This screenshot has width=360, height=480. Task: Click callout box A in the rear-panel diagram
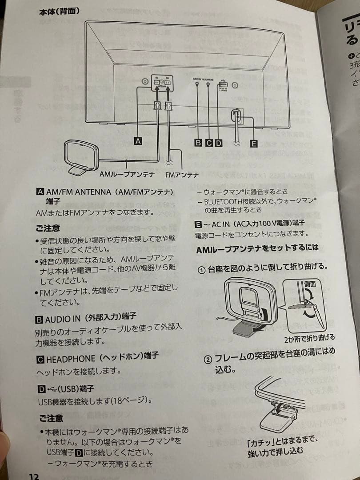[x=138, y=141]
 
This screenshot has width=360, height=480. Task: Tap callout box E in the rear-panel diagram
[x=253, y=144]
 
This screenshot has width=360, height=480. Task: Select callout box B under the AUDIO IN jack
[x=198, y=143]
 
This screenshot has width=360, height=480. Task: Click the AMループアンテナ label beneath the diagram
[x=127, y=175]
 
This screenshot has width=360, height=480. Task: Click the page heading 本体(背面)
[x=60, y=11]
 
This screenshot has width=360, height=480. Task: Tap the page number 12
[x=34, y=476]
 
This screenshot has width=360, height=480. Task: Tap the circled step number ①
[x=201, y=270]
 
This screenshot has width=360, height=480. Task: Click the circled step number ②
[x=208, y=359]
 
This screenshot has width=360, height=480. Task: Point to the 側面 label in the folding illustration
[x=309, y=284]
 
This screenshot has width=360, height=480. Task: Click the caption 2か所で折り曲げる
[x=309, y=338]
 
